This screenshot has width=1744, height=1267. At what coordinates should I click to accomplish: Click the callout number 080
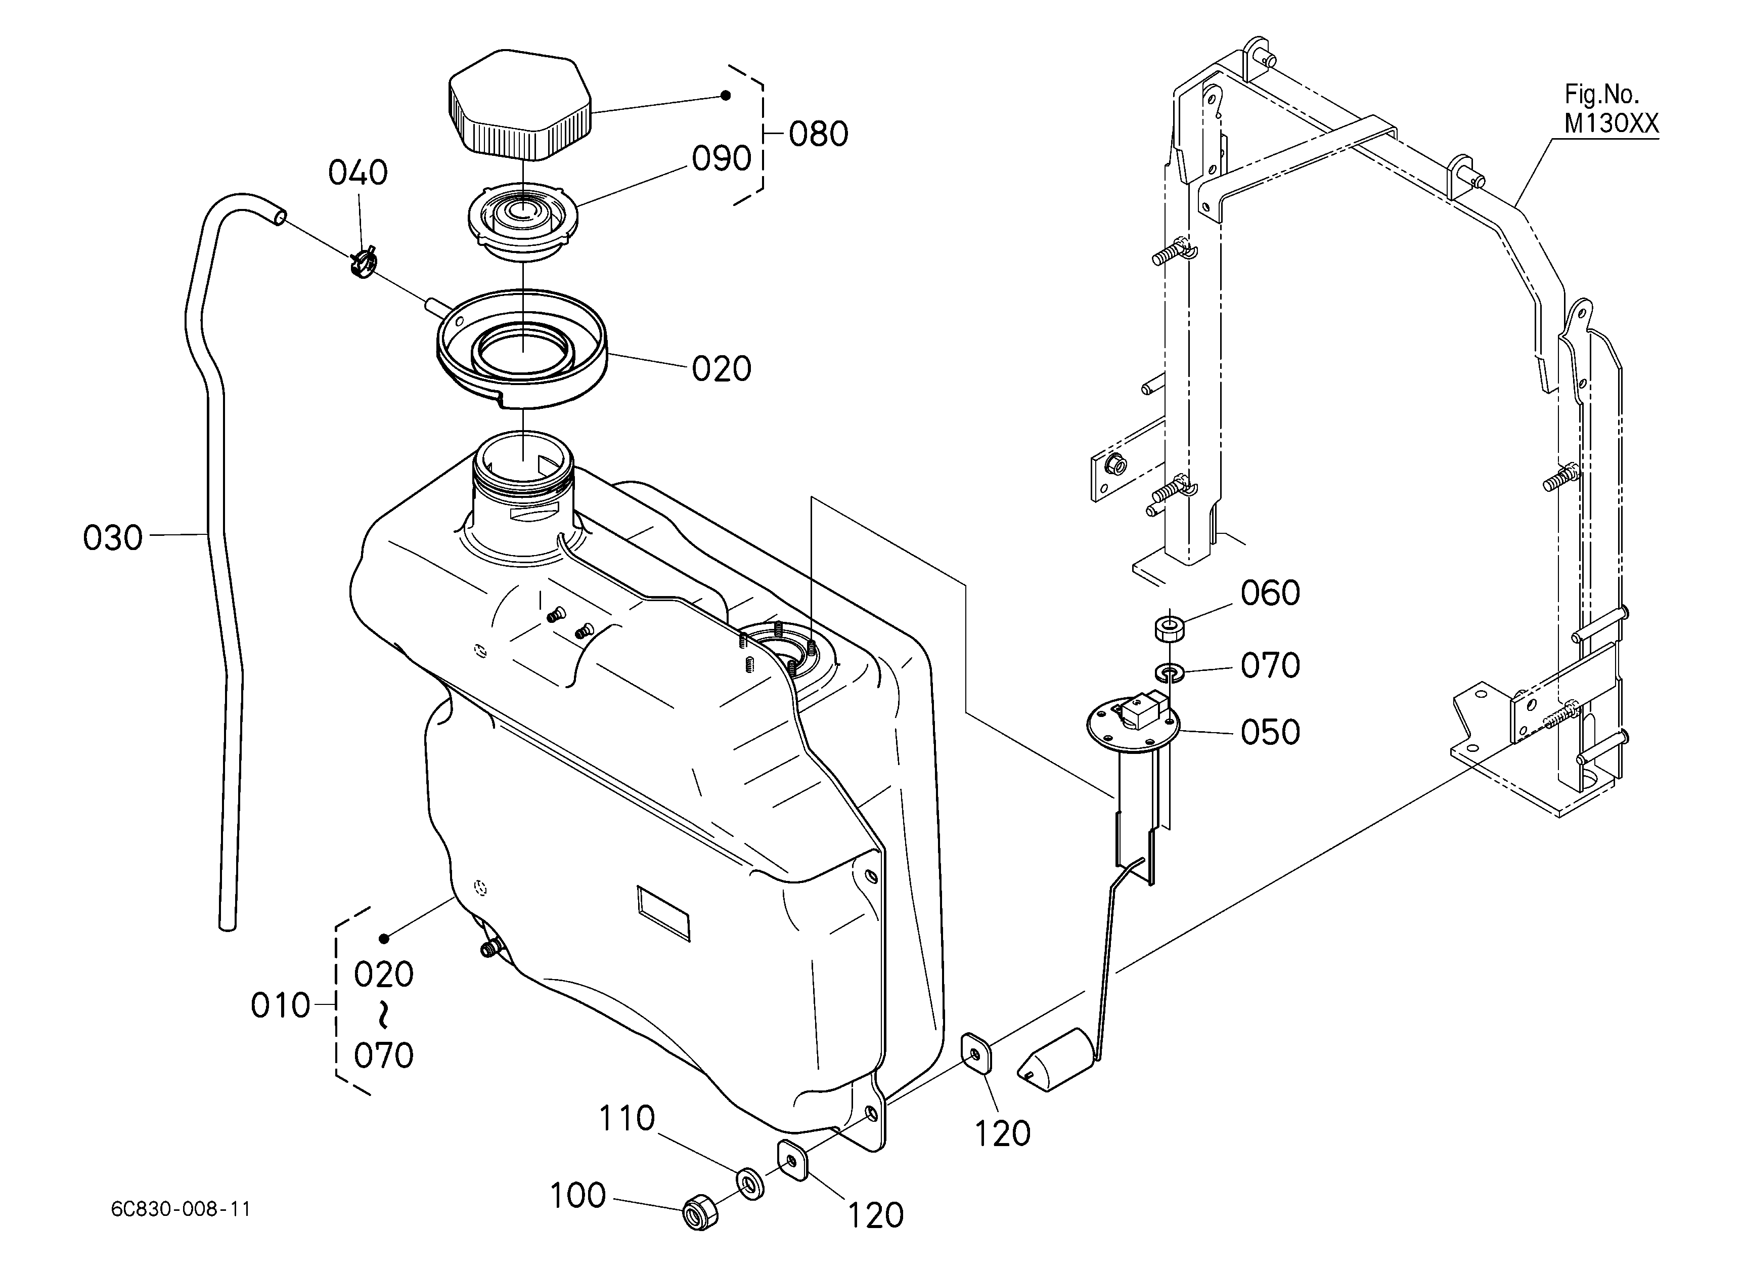[818, 134]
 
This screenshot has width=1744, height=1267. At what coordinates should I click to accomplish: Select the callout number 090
[721, 159]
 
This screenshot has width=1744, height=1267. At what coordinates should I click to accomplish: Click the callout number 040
[357, 173]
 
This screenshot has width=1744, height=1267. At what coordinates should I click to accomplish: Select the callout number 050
[1270, 732]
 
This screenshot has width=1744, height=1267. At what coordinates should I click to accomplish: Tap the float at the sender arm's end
[1055, 1062]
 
